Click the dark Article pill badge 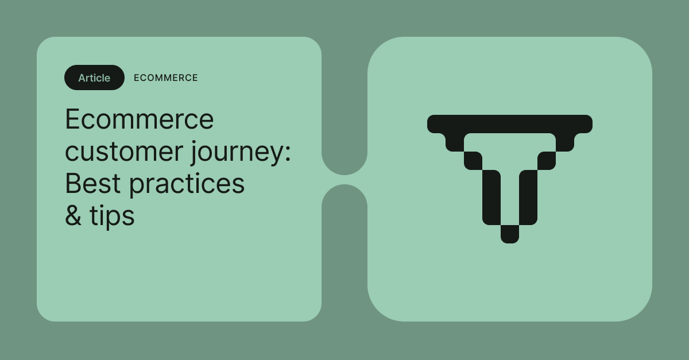click(94, 78)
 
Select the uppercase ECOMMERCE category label click(165, 78)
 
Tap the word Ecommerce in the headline click(139, 119)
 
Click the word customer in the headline click(122, 152)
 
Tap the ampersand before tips click(73, 216)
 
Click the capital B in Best click(72, 184)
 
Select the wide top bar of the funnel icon click(510, 123)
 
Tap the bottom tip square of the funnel click(510, 234)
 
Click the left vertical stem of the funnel click(491, 197)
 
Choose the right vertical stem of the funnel click(528, 197)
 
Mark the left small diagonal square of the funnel click(473, 161)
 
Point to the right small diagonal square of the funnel click(547, 161)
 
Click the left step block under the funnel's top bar click(455, 142)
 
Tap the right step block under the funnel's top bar click(565, 142)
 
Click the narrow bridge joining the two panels click(344, 180)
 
